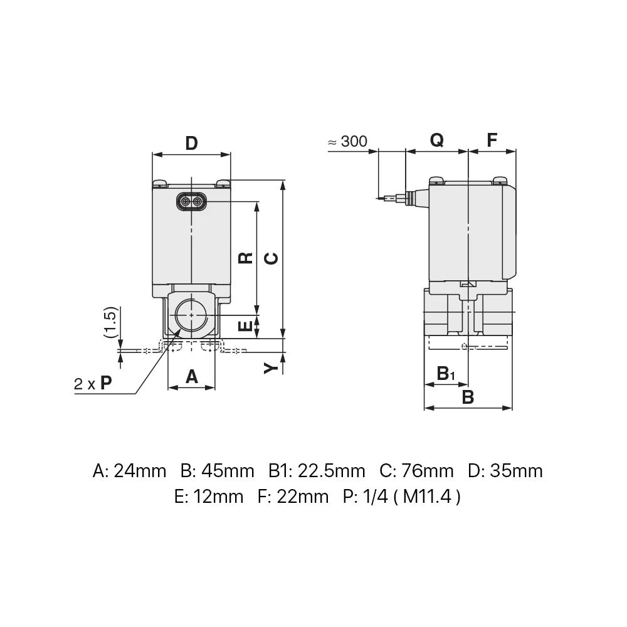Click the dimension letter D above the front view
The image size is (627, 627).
191,143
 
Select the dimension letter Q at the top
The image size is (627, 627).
436,140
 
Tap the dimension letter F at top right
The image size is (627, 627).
492,140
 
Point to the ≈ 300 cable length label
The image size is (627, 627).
348,142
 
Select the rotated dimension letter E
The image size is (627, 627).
246,325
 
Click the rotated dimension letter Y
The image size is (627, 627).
270,367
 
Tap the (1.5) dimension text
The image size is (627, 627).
110,324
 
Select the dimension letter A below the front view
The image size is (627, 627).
191,376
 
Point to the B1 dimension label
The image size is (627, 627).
446,374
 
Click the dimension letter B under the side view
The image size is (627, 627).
468,396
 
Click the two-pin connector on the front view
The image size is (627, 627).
191,201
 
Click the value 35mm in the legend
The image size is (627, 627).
519,470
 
